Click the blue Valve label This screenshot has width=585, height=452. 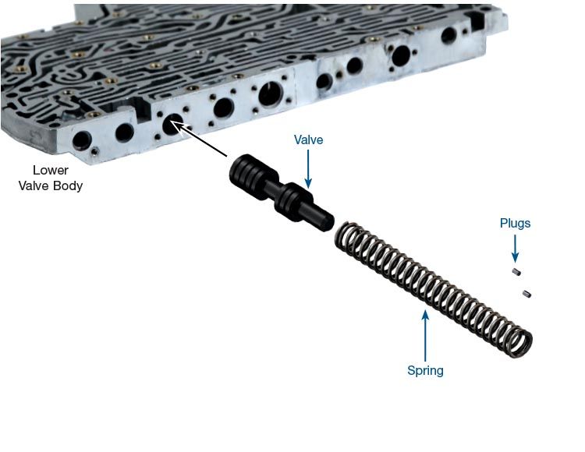click(308, 140)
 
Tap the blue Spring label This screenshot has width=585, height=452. click(425, 371)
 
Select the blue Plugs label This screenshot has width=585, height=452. click(515, 223)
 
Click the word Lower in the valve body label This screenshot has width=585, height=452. click(51, 171)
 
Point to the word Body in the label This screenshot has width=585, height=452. click(68, 185)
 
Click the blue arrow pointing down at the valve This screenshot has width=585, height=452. click(308, 169)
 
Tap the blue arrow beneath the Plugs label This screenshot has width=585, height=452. click(515, 248)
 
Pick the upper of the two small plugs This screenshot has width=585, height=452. click(516, 272)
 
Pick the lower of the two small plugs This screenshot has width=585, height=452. click(526, 294)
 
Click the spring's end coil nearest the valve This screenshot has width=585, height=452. click(345, 236)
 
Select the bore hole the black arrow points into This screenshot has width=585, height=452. click(172, 125)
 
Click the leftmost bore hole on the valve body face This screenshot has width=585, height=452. click(82, 140)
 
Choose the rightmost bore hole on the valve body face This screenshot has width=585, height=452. click(448, 35)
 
